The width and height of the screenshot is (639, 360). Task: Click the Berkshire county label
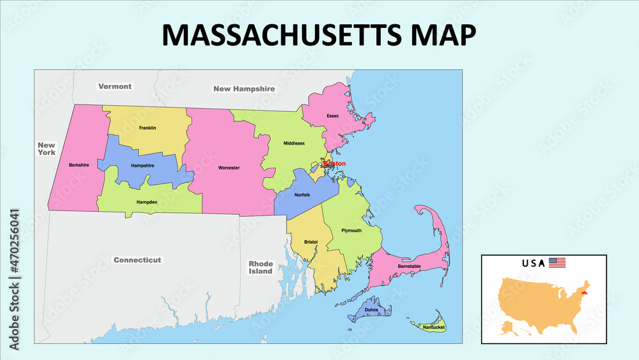pos(79,165)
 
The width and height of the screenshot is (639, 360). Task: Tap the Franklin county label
pos(147,128)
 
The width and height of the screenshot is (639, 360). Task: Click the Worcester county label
pos(229,168)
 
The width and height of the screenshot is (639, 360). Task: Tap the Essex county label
pos(332,116)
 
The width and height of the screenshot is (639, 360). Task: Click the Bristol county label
pos(311,242)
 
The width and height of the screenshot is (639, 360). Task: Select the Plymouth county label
pos(351,230)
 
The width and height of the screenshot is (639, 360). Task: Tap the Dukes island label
pos(371,310)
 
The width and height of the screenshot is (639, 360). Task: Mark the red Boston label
pos(335,164)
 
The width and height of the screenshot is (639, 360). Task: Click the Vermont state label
pos(115,86)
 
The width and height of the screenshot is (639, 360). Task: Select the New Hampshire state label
pos(244,89)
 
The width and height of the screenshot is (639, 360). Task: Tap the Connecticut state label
pos(137,260)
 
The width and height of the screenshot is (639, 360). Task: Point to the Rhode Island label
pos(261,267)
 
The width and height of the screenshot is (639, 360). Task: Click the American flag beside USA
pos(557,263)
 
